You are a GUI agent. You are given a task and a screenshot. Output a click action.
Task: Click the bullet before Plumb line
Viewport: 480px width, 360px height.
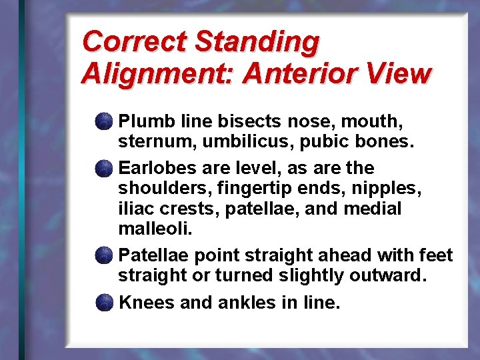tap(103, 122)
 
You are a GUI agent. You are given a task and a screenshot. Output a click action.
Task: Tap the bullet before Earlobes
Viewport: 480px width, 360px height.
tap(103, 167)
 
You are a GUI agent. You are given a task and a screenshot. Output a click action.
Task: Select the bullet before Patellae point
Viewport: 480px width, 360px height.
tap(103, 255)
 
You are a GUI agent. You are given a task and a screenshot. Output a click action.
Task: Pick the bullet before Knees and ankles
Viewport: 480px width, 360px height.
tap(103, 303)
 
